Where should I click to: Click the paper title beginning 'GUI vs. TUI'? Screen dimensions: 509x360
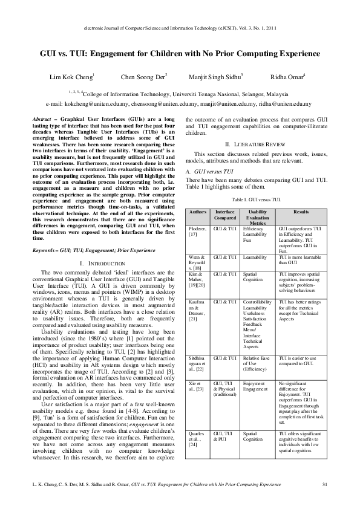click(180, 53)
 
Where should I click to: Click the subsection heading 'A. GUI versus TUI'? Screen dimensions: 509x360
click(209, 172)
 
